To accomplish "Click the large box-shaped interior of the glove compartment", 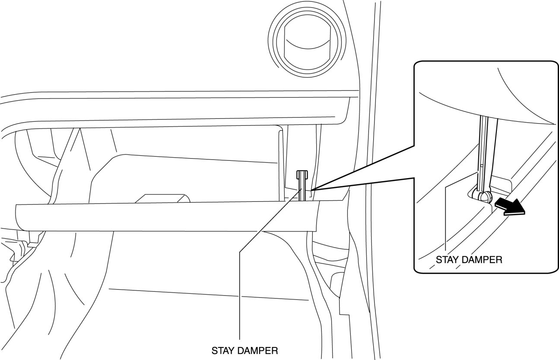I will tap(190, 177).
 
